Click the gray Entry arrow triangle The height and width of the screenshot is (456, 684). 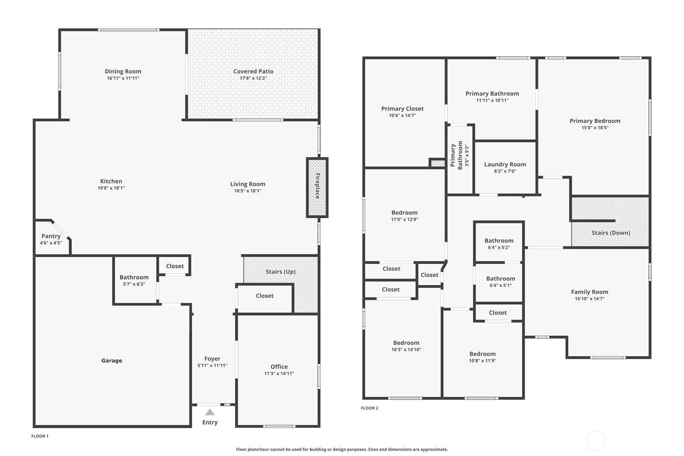[x=210, y=412]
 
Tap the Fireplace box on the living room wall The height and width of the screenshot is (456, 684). [x=317, y=187]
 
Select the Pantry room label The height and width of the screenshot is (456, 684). [x=51, y=236]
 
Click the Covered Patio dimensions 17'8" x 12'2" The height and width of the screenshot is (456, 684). [x=253, y=78]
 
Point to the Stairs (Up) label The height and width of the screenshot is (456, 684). [x=281, y=272]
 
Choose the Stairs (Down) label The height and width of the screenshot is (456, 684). [x=611, y=233]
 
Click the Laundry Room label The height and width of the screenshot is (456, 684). [x=505, y=164]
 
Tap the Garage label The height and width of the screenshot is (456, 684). [x=112, y=361]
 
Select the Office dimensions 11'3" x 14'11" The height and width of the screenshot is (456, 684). [x=279, y=373]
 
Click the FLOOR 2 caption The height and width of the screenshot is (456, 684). [x=370, y=408]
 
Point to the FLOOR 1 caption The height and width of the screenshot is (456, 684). [x=40, y=436]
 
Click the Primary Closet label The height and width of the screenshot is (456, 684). [x=403, y=109]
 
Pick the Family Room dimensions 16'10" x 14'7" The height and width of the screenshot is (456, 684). [x=590, y=299]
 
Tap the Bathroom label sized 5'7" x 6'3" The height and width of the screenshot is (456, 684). [x=134, y=277]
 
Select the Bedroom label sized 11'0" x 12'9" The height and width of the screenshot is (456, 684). [x=405, y=212]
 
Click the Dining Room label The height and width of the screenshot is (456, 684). [x=123, y=71]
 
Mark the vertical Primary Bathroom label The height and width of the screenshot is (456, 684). [x=456, y=156]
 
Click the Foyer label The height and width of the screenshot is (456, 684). [x=212, y=359]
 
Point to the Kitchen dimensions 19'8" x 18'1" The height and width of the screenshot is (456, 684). [x=111, y=188]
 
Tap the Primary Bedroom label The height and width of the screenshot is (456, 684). [x=595, y=121]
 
